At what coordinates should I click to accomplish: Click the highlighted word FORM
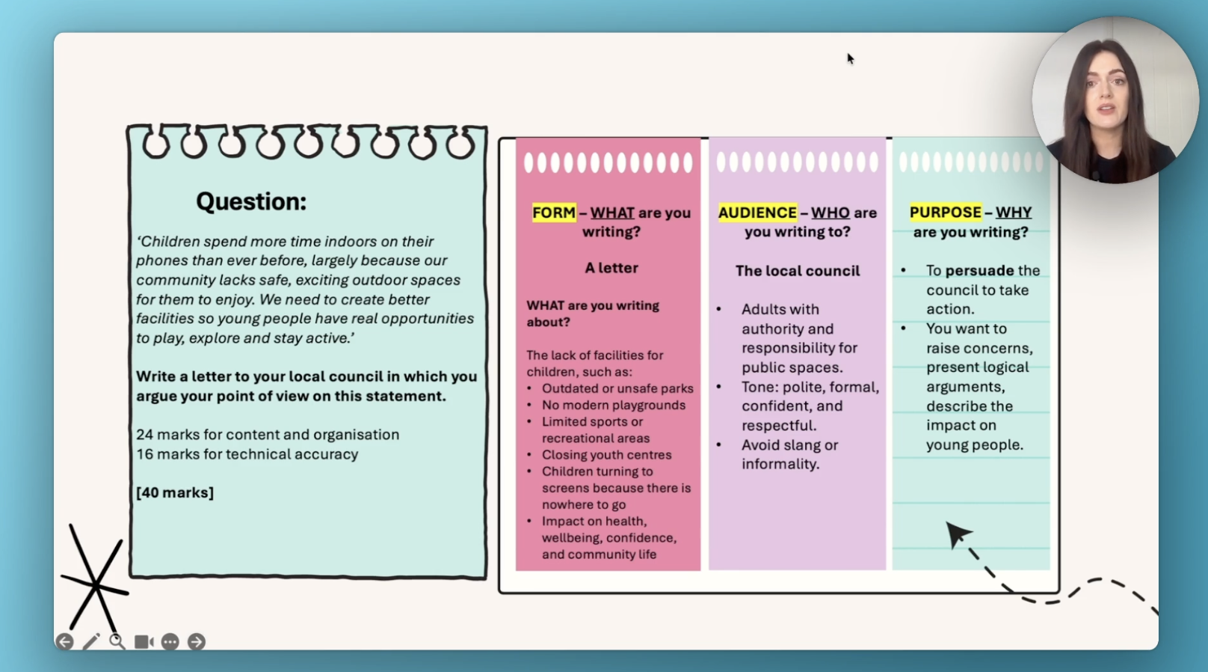[554, 213]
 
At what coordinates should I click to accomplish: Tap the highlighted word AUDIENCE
[757, 213]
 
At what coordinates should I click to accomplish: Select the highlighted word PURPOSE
[945, 213]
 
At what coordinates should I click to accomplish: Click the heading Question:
[251, 201]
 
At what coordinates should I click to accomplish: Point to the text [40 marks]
[175, 492]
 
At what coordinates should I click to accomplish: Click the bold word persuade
[979, 270]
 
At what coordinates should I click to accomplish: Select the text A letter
[611, 268]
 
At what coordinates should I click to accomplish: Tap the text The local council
[798, 271]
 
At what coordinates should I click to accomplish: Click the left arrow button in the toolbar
[65, 641]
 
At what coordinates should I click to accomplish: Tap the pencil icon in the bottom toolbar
[91, 641]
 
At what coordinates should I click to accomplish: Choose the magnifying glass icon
[117, 641]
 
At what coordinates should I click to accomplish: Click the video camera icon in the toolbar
[144, 641]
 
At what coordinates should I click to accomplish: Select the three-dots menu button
[170, 641]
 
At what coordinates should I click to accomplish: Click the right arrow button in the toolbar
[197, 641]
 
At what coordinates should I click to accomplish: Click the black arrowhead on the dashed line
[956, 534]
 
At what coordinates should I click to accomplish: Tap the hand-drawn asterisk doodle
[96, 583]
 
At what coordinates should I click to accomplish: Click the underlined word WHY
[1014, 213]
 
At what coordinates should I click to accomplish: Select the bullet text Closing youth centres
[606, 455]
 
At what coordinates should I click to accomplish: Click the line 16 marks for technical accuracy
[247, 454]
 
